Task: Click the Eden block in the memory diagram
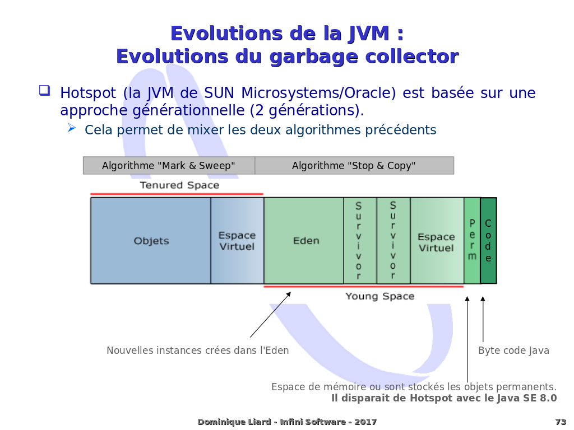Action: (x=304, y=241)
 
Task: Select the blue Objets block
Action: (x=151, y=241)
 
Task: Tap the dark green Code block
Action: (x=488, y=241)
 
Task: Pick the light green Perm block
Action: (x=472, y=241)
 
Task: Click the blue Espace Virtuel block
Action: (x=237, y=241)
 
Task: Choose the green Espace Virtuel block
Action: (x=437, y=241)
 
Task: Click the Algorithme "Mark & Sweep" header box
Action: (x=169, y=166)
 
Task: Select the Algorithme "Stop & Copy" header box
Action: (x=354, y=166)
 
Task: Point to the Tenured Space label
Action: (x=179, y=185)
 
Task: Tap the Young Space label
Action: (x=380, y=296)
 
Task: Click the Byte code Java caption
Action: (x=513, y=350)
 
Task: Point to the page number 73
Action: (x=561, y=422)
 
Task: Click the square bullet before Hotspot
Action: (x=44, y=90)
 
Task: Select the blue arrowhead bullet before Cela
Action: (x=72, y=128)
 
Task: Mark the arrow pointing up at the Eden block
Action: (x=271, y=315)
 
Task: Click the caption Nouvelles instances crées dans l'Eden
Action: (x=198, y=350)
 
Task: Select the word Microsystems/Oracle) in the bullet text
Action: (x=318, y=93)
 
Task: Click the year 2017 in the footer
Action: (x=365, y=422)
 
